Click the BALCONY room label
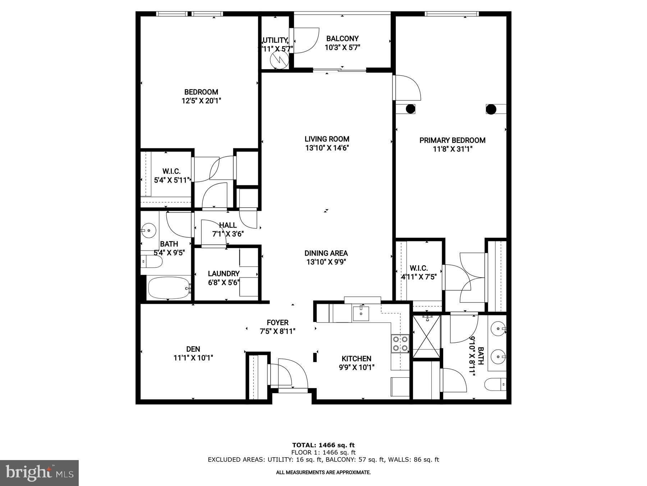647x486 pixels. point(342,39)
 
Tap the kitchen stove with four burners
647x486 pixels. point(400,343)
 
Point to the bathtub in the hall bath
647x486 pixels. point(169,288)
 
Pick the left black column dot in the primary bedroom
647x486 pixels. point(410,109)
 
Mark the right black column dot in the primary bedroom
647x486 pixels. point(491,109)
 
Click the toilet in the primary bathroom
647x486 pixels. point(495,384)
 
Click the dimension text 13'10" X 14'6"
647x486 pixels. point(327,148)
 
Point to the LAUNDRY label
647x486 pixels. point(224,274)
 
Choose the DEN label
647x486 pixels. point(193,349)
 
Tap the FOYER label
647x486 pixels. point(277,323)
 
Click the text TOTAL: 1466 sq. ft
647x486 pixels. point(323,445)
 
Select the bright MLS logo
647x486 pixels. point(39,473)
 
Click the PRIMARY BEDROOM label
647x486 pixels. point(452,140)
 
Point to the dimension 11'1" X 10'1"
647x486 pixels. point(193,358)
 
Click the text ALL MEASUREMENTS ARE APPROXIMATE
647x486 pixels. point(323,472)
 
